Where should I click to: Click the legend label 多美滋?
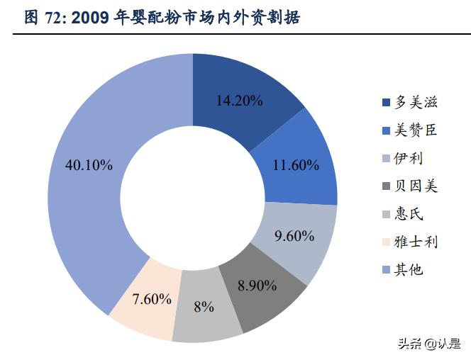pyautogui.click(x=416, y=103)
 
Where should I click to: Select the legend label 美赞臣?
pyautogui.click(x=416, y=130)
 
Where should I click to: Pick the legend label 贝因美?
pyautogui.click(x=416, y=186)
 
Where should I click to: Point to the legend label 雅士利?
pyautogui.click(x=416, y=242)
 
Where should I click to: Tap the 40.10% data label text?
pyautogui.click(x=88, y=165)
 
